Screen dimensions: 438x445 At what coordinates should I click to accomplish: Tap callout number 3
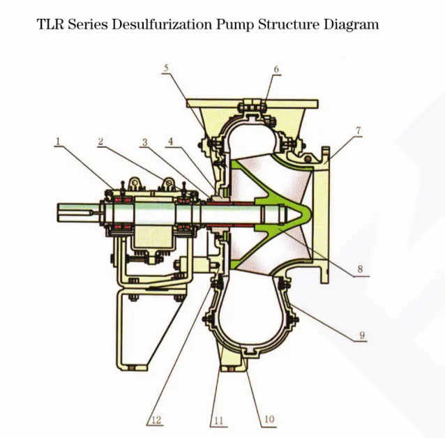coord(144,142)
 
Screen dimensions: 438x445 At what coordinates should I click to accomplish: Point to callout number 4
coord(169,142)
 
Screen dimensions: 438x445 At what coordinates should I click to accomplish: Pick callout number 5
coord(165,68)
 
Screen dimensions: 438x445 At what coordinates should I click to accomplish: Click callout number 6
coord(276,70)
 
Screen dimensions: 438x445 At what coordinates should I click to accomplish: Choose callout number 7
coord(358,130)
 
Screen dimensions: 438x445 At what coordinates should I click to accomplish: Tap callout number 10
coord(268,419)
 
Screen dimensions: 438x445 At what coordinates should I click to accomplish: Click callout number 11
coord(218,420)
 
